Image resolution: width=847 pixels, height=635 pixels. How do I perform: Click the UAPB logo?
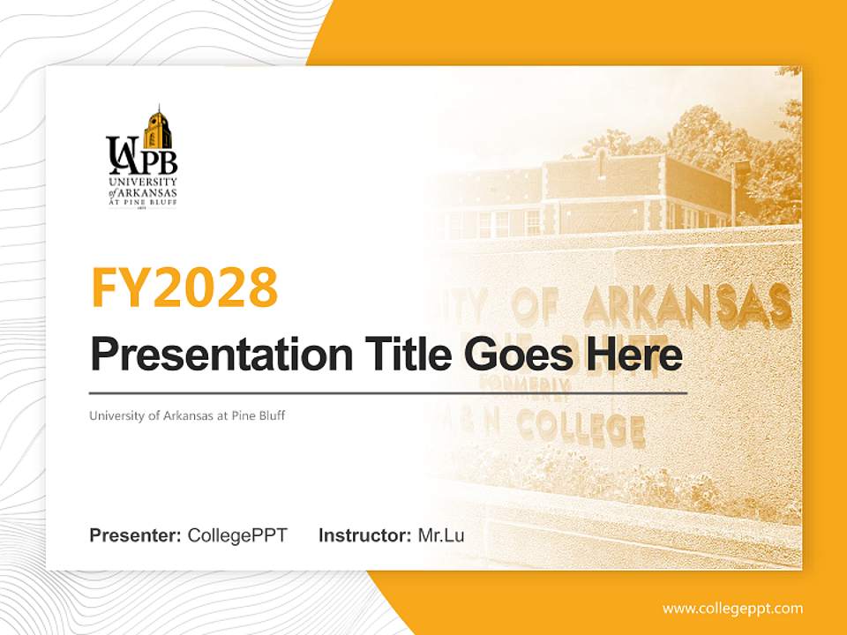pyautogui.click(x=141, y=156)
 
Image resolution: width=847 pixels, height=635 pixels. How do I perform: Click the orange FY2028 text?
pyautogui.click(x=184, y=288)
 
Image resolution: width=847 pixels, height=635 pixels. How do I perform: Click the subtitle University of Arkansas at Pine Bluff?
pyautogui.click(x=187, y=415)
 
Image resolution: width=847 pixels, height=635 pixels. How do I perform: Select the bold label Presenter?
pyautogui.click(x=135, y=535)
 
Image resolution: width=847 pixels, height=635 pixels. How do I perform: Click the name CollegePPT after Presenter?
pyautogui.click(x=237, y=535)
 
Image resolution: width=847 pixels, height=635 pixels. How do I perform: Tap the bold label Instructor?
pyautogui.click(x=364, y=535)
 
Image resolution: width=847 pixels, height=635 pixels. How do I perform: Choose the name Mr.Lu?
pyautogui.click(x=441, y=535)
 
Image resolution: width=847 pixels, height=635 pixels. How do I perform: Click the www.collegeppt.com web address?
pyautogui.click(x=732, y=608)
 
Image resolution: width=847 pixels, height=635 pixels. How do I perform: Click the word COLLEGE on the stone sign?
pyautogui.click(x=580, y=428)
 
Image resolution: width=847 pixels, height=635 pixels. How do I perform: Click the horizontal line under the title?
pyautogui.click(x=388, y=393)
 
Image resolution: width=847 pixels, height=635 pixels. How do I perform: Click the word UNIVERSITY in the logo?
pyautogui.click(x=141, y=183)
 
